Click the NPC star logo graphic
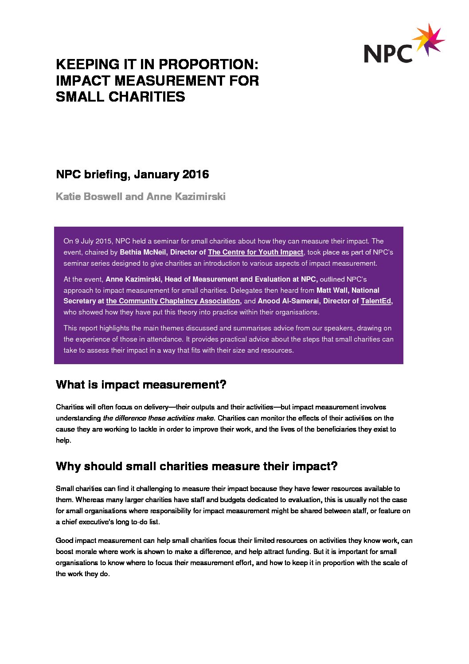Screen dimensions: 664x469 (428, 40)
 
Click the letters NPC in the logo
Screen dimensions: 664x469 (388, 54)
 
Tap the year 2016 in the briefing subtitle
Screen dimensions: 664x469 (195, 174)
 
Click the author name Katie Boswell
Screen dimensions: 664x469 (89, 196)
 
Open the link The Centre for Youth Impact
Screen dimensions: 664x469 (255, 252)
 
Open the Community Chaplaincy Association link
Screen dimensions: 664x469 (173, 301)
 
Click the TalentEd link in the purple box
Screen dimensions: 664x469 (376, 301)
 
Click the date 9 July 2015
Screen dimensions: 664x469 (93, 241)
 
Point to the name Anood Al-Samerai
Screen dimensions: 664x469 (288, 301)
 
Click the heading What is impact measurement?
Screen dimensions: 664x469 (141, 385)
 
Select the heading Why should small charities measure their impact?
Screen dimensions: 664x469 (196, 466)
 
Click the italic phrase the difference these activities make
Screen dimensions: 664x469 (159, 418)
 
